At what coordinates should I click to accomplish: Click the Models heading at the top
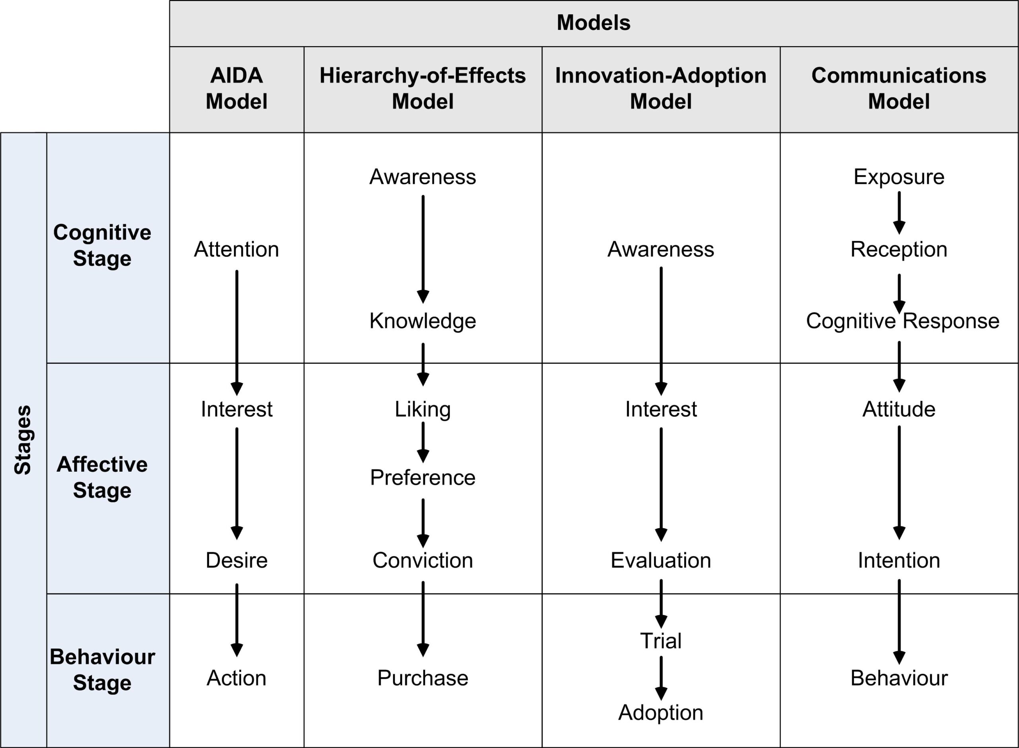[x=593, y=23]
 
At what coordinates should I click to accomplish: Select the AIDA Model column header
[x=236, y=88]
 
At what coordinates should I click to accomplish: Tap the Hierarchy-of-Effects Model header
[x=423, y=88]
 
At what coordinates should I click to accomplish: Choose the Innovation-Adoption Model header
[x=661, y=88]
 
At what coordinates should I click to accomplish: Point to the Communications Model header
[x=899, y=88]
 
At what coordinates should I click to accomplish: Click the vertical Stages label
[x=23, y=439]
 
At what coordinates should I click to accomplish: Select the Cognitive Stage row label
[x=102, y=245]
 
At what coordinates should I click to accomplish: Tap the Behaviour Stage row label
[x=102, y=670]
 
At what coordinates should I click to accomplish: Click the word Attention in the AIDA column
[x=236, y=250]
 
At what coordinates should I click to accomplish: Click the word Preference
[x=423, y=478]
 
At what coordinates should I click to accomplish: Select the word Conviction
[x=423, y=561]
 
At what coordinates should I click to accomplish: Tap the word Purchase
[x=423, y=678]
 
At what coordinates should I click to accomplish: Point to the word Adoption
[x=661, y=713]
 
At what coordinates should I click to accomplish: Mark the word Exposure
[x=899, y=177]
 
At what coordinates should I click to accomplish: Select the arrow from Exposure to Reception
[x=899, y=213]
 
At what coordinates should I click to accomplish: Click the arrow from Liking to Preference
[x=423, y=442]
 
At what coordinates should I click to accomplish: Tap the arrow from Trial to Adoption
[x=661, y=678]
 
